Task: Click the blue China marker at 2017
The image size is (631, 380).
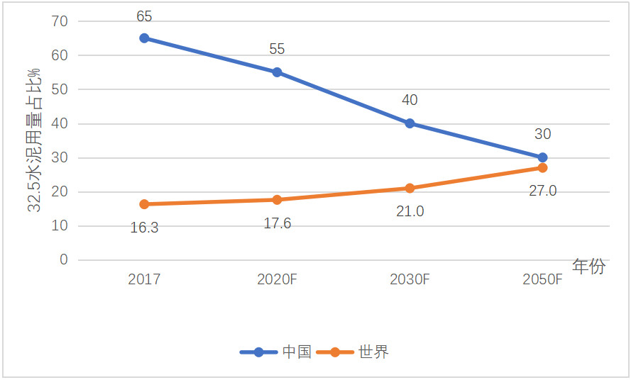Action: (144, 38)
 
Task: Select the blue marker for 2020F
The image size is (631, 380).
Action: (277, 72)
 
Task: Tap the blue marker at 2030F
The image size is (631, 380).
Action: (410, 123)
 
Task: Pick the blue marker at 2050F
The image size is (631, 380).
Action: (542, 157)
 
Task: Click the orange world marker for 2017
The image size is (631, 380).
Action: (144, 204)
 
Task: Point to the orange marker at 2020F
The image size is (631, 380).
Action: (277, 200)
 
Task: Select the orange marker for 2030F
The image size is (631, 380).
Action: (410, 188)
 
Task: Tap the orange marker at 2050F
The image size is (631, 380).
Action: (542, 168)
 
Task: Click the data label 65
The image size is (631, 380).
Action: (144, 16)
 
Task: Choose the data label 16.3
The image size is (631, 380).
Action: (144, 228)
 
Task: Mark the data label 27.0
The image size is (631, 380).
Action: (542, 190)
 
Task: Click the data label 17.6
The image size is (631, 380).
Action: (277, 223)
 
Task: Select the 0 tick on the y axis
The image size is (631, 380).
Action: (64, 259)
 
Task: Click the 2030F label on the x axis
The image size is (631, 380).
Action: (410, 279)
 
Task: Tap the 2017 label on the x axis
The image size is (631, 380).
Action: (144, 279)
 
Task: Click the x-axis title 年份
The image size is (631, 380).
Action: (589, 267)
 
